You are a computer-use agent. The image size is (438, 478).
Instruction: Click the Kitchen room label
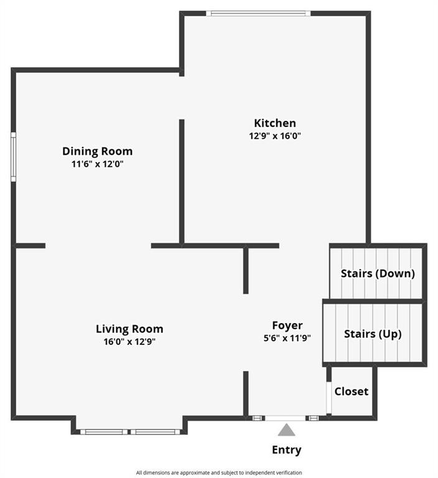[275, 123]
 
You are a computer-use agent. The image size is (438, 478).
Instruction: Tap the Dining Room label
[98, 151]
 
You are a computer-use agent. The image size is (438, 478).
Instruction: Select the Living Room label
[129, 329]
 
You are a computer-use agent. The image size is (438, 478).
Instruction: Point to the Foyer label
[287, 326]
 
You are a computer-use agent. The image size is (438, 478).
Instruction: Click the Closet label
[351, 391]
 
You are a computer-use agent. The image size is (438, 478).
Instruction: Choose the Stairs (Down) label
[378, 273]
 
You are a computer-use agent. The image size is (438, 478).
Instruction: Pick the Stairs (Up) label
[373, 334]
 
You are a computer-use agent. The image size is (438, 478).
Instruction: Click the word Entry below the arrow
[287, 450]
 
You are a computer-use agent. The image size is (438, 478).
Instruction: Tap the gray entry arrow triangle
[287, 430]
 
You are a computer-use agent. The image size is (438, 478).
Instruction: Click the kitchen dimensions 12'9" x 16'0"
[275, 136]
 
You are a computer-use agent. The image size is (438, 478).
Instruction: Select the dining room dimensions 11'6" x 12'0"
[98, 164]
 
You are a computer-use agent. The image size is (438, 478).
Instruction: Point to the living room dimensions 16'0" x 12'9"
[129, 342]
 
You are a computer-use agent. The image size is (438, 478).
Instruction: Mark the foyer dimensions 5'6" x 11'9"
[287, 338]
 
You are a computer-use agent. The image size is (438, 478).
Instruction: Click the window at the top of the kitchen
[258, 14]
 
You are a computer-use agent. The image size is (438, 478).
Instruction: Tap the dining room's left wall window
[14, 157]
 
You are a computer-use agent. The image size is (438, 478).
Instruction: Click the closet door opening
[329, 398]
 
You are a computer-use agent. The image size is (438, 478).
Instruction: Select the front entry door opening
[286, 418]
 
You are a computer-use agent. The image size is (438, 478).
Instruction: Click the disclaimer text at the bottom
[219, 473]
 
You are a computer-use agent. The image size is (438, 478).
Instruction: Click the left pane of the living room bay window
[104, 432]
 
